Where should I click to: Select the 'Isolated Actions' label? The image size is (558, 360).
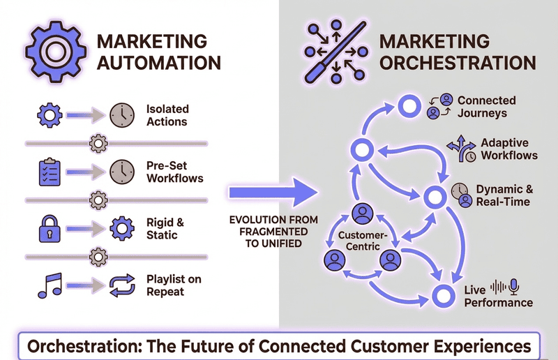click(x=167, y=116)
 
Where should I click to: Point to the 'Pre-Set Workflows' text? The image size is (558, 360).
click(x=174, y=172)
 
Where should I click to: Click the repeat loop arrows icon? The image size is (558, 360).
click(x=121, y=285)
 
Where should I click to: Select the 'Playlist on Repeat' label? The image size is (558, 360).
click(x=174, y=285)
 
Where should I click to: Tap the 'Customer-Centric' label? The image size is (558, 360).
click(x=362, y=241)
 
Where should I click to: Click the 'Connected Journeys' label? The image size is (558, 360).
click(x=486, y=107)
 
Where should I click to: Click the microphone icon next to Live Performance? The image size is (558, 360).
click(x=515, y=286)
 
